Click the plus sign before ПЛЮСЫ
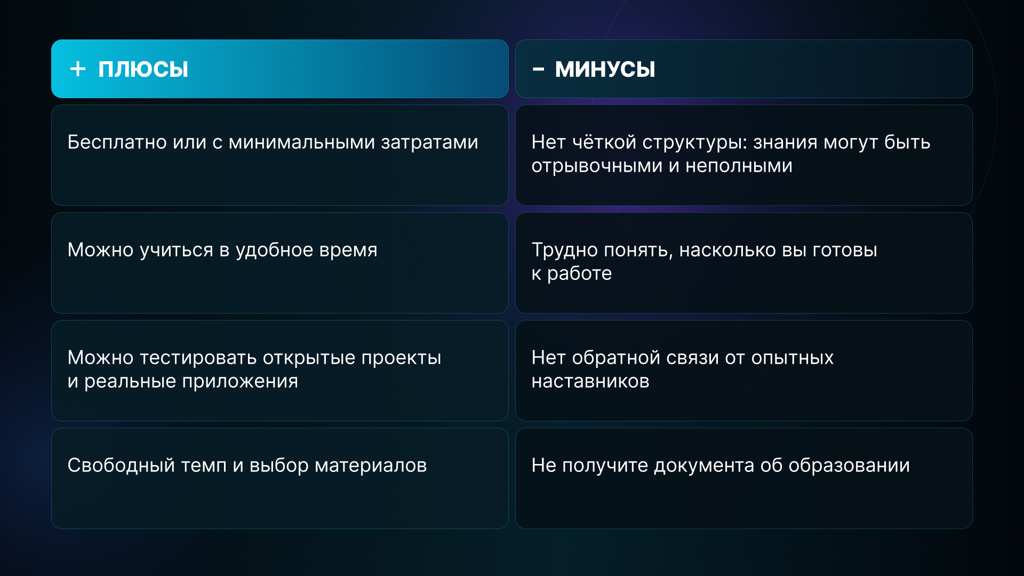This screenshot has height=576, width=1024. pos(78,69)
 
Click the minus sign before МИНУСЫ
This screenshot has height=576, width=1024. pos(539,69)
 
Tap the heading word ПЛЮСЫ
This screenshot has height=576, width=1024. pos(143,69)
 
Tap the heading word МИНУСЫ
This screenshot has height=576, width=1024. pos(605,69)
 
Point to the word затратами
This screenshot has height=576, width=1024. pos(429,143)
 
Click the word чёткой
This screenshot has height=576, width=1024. pos(604,142)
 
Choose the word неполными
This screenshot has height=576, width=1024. pos(739,166)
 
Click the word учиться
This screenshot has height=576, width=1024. pos(177,250)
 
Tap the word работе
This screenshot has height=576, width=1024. pos(580,274)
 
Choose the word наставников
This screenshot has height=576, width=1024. pos(590,381)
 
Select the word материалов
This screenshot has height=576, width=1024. pos(371,466)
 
